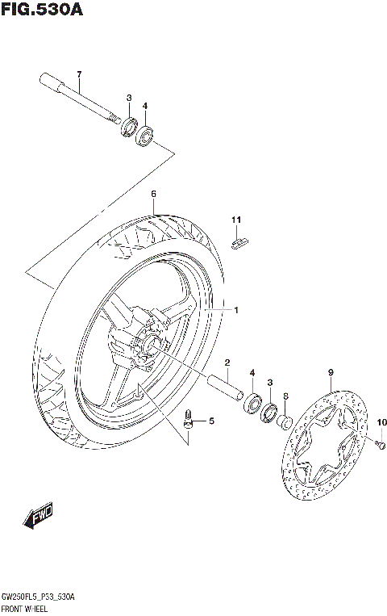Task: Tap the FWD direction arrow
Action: pyautogui.click(x=38, y=514)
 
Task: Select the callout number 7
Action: pyautogui.click(x=79, y=75)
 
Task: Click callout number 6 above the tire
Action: pyautogui.click(x=152, y=195)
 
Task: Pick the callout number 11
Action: pyautogui.click(x=236, y=220)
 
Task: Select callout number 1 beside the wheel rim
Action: pyautogui.click(x=236, y=310)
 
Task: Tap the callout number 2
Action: pyautogui.click(x=227, y=362)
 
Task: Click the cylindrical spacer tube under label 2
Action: pyautogui.click(x=227, y=387)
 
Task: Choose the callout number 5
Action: pyautogui.click(x=212, y=421)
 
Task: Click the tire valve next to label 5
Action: pyautogui.click(x=190, y=419)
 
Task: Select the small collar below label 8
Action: pyautogui.click(x=285, y=421)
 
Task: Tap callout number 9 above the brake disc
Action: pyautogui.click(x=330, y=372)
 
